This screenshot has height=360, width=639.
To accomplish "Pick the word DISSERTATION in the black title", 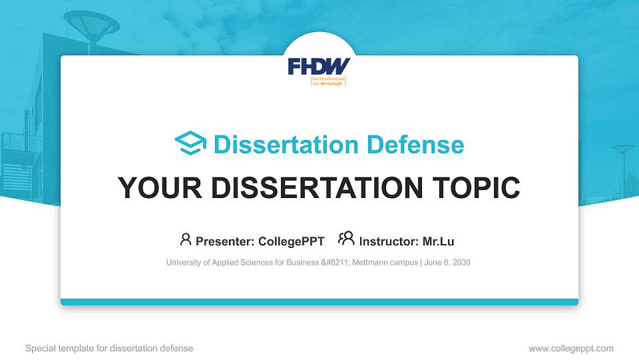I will pyautogui.click(x=312, y=188).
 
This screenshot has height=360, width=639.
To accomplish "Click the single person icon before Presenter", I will pyautogui.click(x=186, y=239).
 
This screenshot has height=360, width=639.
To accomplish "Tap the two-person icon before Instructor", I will pyautogui.click(x=346, y=239).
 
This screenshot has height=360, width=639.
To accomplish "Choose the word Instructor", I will pyautogui.click(x=387, y=241).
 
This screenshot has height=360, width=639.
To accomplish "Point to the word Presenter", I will pyautogui.click(x=223, y=241).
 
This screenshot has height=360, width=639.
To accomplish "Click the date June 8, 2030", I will pyautogui.click(x=447, y=263).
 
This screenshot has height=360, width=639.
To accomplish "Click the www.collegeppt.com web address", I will pyautogui.click(x=571, y=348).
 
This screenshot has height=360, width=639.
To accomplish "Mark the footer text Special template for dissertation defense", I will pyautogui.click(x=109, y=348).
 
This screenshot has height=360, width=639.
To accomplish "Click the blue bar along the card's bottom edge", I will pyautogui.click(x=319, y=302).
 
